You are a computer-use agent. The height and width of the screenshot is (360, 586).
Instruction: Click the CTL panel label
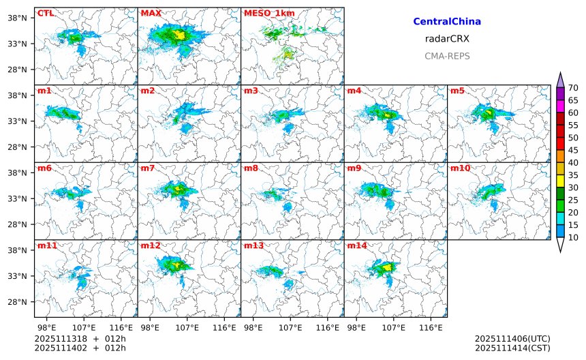tap(45, 13)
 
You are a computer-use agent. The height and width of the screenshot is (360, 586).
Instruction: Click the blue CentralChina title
tap(447, 22)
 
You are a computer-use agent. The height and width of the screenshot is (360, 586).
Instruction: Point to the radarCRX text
tap(447, 39)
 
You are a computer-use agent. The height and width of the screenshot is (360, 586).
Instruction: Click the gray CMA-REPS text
tap(447, 56)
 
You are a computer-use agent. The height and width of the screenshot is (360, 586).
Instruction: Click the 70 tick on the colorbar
tap(574, 87)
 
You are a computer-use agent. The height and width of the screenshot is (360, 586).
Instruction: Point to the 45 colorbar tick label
tap(574, 150)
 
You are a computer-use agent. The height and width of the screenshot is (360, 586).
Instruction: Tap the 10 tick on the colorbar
tap(574, 237)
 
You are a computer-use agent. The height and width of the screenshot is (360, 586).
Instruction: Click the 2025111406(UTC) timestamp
tap(512, 338)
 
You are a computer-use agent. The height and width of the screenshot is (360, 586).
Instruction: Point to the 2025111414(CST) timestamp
tap(512, 348)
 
